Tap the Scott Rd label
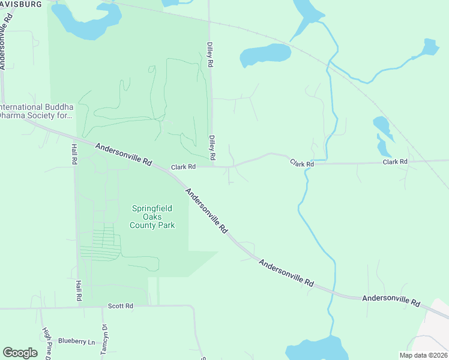pos(120,306)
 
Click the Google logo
pos(20,353)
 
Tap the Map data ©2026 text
pos(423,355)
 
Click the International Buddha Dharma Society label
pos(36,111)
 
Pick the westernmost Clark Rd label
pos(184,167)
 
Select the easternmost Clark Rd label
pos(395,162)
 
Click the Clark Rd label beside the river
pos(302,163)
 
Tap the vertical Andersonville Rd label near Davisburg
pos(7,42)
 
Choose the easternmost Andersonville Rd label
pos(391,300)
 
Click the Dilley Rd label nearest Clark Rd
pos(212,147)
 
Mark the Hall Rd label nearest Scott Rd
pos(79,290)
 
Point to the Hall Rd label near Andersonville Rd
pos(74,153)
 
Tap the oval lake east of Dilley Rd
pos(265,55)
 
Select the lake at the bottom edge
pos(315,349)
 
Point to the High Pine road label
pos(46,340)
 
